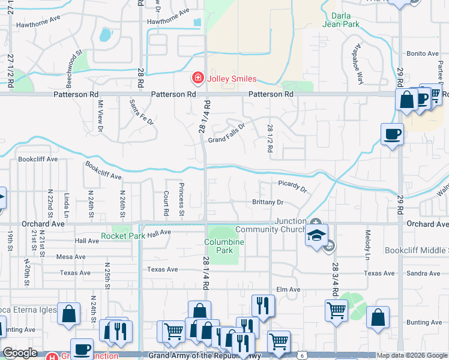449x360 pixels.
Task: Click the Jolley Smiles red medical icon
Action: tap(197, 79)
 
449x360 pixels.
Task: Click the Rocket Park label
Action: tap(123, 236)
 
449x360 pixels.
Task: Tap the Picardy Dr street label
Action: tap(292, 185)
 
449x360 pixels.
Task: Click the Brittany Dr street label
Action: tap(267, 203)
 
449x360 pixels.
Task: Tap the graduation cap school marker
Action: tap(316, 236)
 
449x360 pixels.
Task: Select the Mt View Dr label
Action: tap(100, 116)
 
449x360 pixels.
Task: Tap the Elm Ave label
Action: tap(288, 290)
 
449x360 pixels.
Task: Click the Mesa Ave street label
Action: tap(71, 257)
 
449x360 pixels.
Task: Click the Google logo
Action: tap(20, 353)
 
